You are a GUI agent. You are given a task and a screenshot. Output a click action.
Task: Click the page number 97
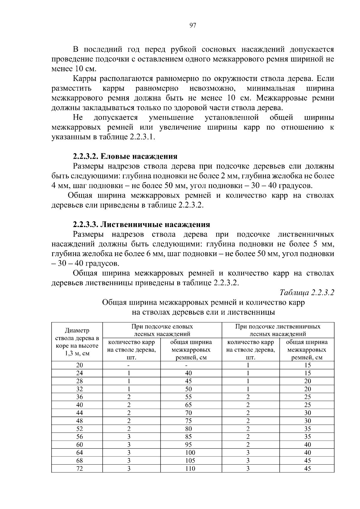[x=193, y=26]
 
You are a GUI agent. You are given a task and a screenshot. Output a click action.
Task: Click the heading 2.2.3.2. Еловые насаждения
[x=125, y=156]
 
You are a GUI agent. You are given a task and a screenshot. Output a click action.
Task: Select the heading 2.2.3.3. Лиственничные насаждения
[x=141, y=224]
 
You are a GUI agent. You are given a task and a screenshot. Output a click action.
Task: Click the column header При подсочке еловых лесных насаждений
[x=162, y=330]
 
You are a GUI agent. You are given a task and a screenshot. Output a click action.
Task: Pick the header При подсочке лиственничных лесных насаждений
[x=277, y=330]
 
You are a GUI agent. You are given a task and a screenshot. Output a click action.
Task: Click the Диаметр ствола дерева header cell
[x=77, y=342]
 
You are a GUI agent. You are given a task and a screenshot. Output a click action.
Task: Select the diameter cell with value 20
[x=79, y=365]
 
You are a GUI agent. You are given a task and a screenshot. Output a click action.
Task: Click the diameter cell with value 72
[x=79, y=469]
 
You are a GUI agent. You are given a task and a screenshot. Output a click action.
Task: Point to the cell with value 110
[x=190, y=469]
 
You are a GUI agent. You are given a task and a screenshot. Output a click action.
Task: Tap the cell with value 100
[x=190, y=453]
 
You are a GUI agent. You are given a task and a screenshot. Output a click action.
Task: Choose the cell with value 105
[x=190, y=461]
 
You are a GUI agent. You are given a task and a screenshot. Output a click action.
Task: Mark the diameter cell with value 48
[x=79, y=421]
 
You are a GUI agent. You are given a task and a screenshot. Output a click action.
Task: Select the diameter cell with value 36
[x=79, y=397]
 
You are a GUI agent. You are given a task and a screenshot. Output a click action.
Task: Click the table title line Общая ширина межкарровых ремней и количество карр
[x=203, y=302]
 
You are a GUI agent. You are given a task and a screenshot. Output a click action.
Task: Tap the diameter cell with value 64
[x=79, y=453]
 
